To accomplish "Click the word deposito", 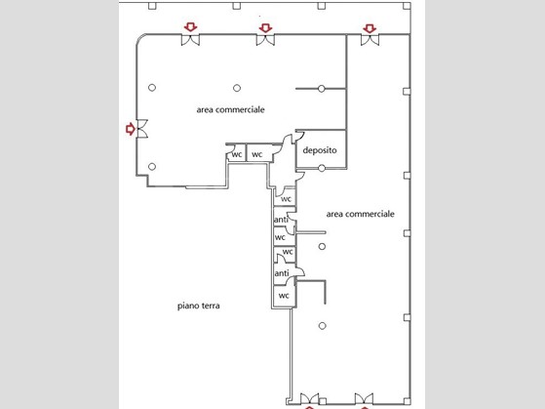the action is pos(320,150).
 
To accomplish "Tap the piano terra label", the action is pos(199,306).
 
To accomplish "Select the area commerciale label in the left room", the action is pos(230,109).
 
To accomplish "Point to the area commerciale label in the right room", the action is pos(360,214).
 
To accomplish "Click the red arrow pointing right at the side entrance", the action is pos(131,129).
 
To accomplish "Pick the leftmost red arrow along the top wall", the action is pos(190,27).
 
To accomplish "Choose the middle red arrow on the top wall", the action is pos(265,28).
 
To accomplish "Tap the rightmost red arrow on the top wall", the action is pos(370,28).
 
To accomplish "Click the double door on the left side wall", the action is pos(142,129).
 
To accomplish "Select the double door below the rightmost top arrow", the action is pos(370,40).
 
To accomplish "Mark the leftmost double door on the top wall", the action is pos(190,40).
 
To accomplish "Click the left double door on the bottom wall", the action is pos(309,398).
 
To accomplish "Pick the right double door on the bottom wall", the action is pos(364,398).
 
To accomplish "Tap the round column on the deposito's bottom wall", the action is pos(322,169).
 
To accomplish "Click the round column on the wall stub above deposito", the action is pos(322,89).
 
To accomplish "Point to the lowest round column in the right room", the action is pos(322,326).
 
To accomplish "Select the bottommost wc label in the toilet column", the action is pos(284,296).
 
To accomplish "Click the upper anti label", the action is pos(281,220).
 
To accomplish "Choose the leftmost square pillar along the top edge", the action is pos(152,6).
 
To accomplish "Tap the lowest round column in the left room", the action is pos(152,166).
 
